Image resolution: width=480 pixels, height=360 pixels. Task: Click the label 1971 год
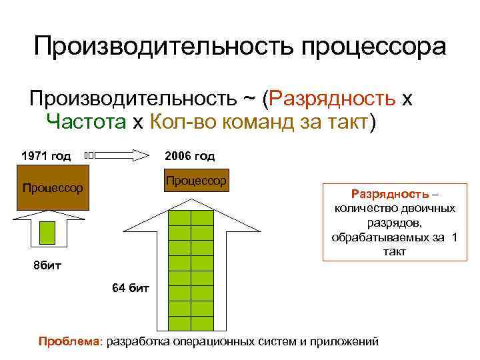tap(46, 156)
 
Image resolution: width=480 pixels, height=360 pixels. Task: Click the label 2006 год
tap(190, 156)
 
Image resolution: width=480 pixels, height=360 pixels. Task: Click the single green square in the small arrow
tap(47, 232)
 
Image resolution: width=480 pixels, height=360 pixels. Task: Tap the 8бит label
tap(47, 266)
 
